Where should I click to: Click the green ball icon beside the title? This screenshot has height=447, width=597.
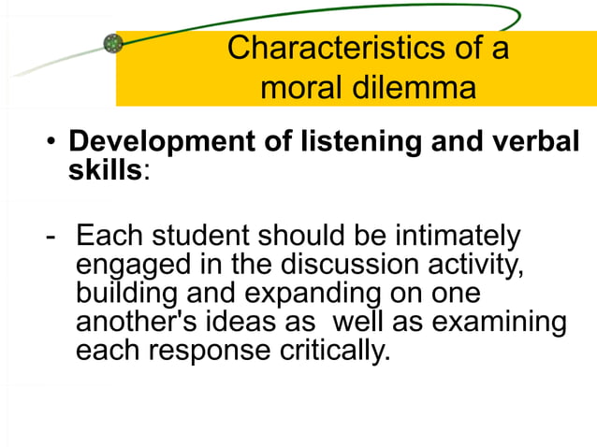point(113,42)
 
